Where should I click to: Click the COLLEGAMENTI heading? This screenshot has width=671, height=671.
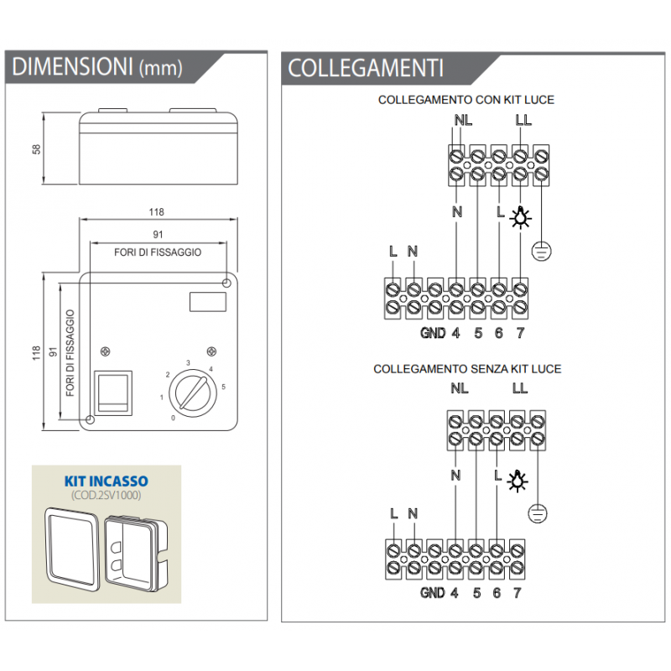[365, 67]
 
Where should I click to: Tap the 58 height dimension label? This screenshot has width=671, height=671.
[36, 148]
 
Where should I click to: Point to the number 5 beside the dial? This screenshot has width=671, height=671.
[222, 387]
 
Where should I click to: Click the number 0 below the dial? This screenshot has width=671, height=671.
[174, 418]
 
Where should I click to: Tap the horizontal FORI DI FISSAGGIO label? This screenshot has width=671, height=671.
[158, 252]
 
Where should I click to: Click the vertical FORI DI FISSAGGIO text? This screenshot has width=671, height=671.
[70, 353]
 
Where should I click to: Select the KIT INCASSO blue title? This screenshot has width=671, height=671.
[107, 481]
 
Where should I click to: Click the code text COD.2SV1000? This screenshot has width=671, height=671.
[107, 496]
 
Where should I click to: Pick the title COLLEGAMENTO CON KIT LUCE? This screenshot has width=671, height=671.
[466, 100]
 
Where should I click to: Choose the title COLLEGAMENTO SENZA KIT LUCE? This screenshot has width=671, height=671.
[467, 369]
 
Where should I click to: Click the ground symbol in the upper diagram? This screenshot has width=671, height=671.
[542, 248]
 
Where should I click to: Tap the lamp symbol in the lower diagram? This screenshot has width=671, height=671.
[521, 480]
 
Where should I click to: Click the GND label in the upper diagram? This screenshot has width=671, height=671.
[433, 333]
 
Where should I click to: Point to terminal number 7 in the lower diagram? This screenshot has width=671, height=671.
[518, 593]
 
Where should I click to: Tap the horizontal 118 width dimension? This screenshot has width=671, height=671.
[157, 211]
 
